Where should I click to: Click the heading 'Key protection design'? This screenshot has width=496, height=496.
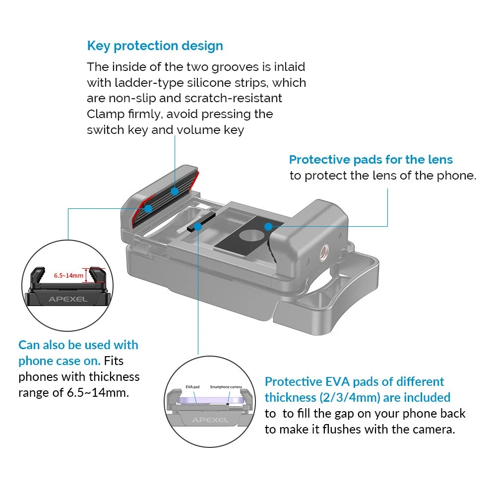[x=155, y=46]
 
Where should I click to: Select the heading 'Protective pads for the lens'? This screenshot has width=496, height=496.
[x=371, y=160]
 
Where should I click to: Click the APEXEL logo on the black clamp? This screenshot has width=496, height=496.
[x=67, y=299]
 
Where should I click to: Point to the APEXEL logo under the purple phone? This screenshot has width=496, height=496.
[x=211, y=420]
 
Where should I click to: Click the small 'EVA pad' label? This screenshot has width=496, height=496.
[x=192, y=387]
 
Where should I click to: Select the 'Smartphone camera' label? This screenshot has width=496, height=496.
[x=226, y=387]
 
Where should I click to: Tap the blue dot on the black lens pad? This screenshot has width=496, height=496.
[x=268, y=227]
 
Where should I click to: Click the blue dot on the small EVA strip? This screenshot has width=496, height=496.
[x=198, y=227]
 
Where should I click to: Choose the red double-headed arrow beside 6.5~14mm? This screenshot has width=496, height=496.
[x=89, y=275]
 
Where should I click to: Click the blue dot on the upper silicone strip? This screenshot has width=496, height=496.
[x=175, y=191]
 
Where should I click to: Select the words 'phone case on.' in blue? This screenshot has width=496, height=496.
[x=59, y=361]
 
